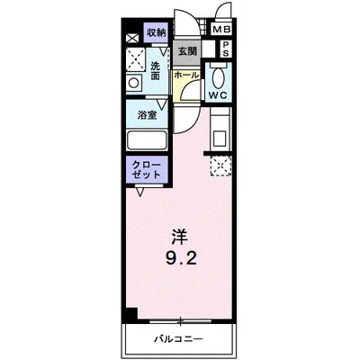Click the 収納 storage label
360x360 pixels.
[157, 32]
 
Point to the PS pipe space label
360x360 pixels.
[225, 49]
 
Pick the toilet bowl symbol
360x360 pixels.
[218, 73]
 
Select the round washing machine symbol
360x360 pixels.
[133, 83]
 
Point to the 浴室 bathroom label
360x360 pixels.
[147, 115]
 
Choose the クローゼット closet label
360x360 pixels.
[145, 172]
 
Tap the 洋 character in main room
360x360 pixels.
[181, 238]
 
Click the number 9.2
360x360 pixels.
[181, 261]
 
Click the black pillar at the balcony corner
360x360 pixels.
[131, 315]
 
